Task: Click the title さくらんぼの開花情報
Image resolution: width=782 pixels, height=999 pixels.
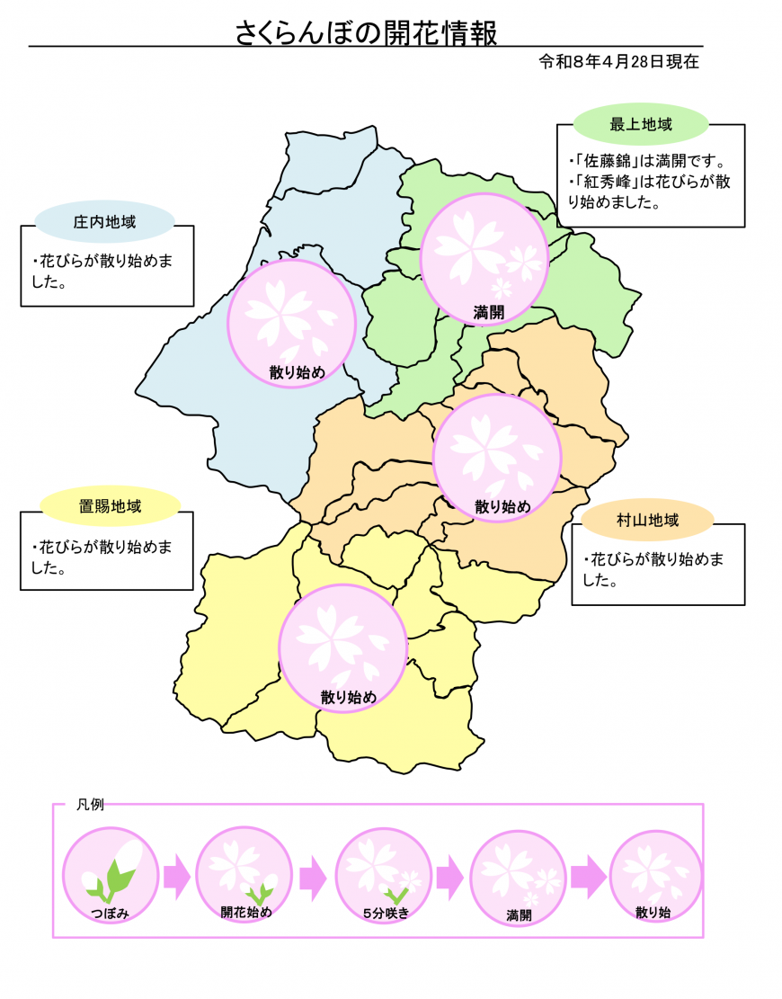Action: [366, 32]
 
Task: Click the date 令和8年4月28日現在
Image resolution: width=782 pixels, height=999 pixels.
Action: [619, 62]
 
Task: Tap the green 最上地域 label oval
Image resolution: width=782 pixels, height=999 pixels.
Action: [641, 124]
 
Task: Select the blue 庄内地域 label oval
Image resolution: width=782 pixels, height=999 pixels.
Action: [104, 221]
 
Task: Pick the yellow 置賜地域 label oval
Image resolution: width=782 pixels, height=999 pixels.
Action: [111, 506]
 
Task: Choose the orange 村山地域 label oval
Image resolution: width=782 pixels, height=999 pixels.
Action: [647, 520]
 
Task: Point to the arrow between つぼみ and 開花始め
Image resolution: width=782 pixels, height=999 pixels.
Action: [177, 876]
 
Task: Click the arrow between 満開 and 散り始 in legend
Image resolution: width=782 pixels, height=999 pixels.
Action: [588, 876]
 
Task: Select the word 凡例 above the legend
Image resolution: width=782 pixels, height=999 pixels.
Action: [90, 805]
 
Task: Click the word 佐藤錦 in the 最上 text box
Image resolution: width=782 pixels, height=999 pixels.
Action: [603, 163]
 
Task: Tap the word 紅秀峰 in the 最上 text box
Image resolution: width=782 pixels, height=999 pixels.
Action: [603, 183]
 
